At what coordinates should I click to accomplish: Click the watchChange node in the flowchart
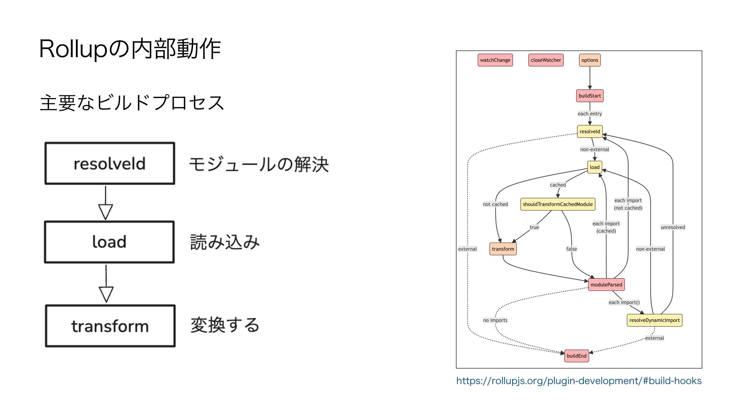pos(495,60)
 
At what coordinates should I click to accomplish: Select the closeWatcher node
pos(546,60)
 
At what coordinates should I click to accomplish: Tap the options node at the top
pos(590,60)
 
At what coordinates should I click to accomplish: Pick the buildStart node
pos(590,96)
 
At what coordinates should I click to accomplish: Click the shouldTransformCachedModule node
pos(558,204)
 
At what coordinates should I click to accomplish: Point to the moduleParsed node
pos(606,284)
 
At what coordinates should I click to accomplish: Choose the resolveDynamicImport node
pos(654,320)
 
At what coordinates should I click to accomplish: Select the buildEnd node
pos(577,356)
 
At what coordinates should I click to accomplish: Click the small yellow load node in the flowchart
pos(594,167)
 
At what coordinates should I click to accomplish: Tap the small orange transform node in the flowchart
pos(503,249)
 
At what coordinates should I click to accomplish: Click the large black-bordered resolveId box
pos(110,163)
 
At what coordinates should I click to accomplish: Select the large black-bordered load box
pos(109,242)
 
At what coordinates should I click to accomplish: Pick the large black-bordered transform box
pos(110,326)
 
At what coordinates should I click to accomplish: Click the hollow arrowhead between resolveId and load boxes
pos(106,211)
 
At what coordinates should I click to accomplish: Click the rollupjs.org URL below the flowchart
pos(579,381)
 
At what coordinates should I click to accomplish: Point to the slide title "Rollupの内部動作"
pos(130,49)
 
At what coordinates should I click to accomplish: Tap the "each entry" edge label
pos(590,114)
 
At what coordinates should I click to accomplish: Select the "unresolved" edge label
pos(673,227)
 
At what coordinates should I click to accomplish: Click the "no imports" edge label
pos(495,320)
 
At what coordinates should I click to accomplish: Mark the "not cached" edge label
pos(495,204)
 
